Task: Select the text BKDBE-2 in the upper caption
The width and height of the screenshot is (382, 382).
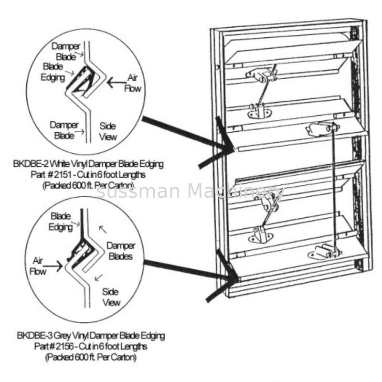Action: click(x=29, y=165)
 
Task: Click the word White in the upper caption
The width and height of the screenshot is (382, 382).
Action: click(x=60, y=165)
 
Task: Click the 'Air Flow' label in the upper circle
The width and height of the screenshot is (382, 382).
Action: click(x=131, y=82)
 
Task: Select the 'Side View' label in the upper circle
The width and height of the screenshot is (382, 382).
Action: click(x=108, y=131)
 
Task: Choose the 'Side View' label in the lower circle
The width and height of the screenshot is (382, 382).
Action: click(x=111, y=297)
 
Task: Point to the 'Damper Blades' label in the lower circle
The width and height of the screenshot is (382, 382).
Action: click(x=121, y=251)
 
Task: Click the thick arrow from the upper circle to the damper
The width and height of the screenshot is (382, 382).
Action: click(x=186, y=135)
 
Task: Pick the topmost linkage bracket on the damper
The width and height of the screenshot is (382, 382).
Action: click(x=260, y=74)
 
